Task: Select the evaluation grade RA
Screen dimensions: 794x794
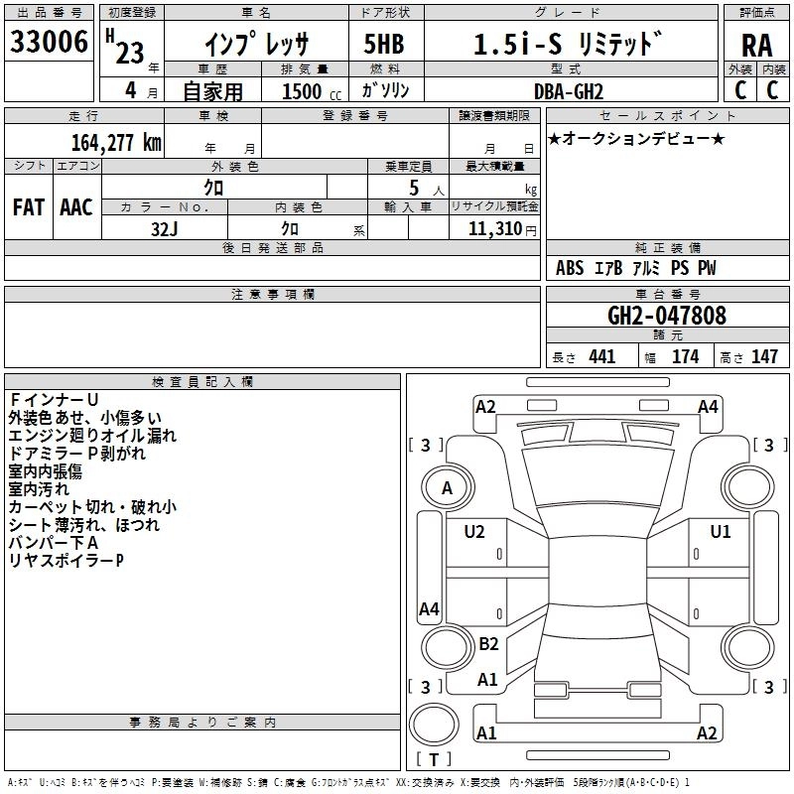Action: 756,44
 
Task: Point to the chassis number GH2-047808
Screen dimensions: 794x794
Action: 666,316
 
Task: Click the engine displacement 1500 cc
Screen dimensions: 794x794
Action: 308,91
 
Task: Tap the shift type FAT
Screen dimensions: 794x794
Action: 28,207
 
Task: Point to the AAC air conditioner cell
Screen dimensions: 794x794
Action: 75,207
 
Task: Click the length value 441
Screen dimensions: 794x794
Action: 601,356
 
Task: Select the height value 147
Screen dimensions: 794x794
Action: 763,356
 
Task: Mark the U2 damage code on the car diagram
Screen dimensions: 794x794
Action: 474,532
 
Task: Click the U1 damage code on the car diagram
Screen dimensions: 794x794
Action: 720,532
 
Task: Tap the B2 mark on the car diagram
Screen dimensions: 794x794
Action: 488,643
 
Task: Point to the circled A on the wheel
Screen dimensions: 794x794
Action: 447,487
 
